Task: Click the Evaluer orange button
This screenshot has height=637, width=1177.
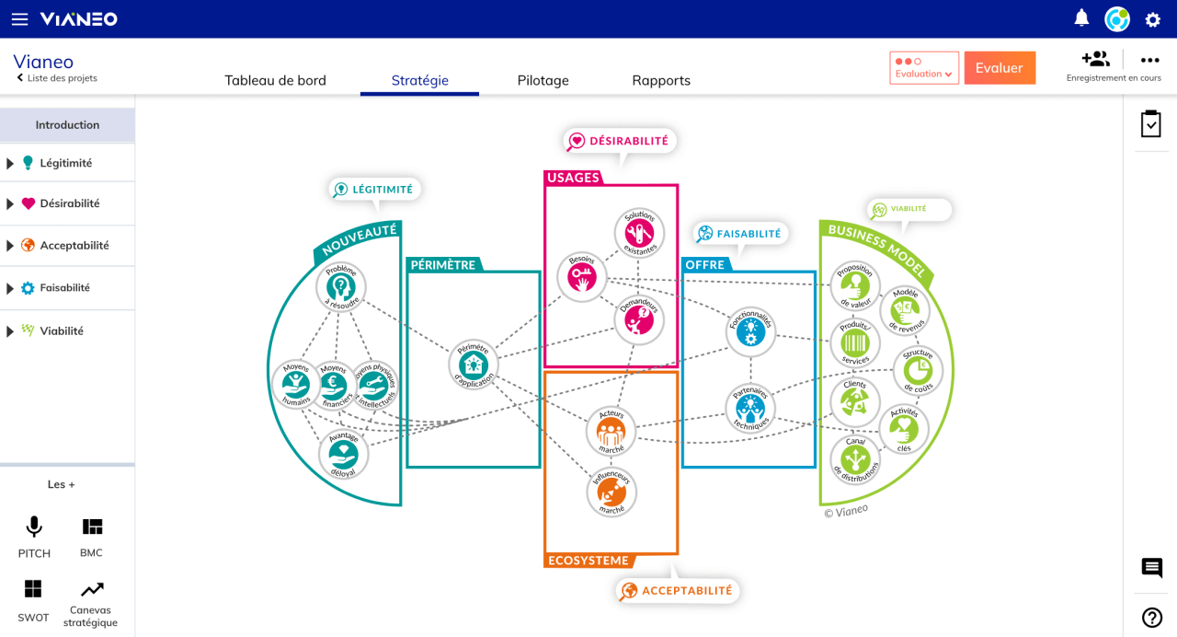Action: (1000, 68)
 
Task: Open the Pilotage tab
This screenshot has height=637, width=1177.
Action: (543, 80)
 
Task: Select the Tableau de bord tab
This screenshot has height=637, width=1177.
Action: (275, 80)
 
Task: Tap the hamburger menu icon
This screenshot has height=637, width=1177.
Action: (19, 18)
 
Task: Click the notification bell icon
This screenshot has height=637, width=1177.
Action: (1081, 18)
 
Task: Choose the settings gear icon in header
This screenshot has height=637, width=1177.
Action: (1152, 19)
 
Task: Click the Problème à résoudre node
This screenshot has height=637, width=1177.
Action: (341, 286)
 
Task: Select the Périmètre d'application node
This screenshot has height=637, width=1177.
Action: (474, 365)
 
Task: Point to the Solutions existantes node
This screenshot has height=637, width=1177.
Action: (639, 233)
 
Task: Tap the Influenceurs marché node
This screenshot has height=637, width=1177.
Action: (611, 492)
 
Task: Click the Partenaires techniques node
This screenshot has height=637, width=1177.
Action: (750, 408)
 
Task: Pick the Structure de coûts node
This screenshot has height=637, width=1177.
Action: (918, 371)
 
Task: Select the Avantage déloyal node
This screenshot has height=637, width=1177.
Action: (343, 454)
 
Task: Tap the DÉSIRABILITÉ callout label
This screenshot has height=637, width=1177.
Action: (620, 141)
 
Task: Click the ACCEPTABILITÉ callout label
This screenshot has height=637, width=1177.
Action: (678, 590)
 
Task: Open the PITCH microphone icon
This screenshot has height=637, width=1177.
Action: (34, 527)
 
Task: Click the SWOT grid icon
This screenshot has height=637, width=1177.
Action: (33, 589)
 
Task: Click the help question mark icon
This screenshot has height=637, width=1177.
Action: (1151, 618)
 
